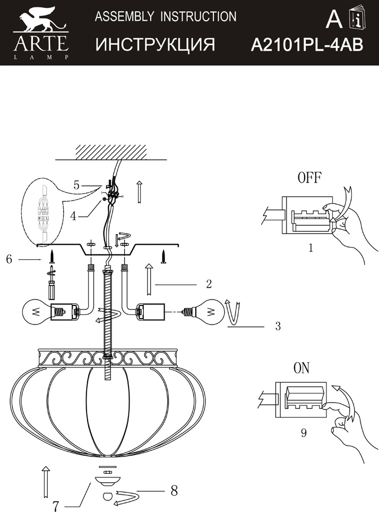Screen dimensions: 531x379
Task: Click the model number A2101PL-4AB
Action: (x=307, y=45)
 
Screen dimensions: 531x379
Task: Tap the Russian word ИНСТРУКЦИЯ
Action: (x=155, y=45)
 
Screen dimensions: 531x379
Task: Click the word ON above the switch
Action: (x=302, y=369)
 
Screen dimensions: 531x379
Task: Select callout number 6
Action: (x=9, y=259)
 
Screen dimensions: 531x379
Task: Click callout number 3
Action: (x=277, y=327)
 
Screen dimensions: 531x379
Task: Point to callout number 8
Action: (x=174, y=491)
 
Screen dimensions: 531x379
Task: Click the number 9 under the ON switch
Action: (x=303, y=433)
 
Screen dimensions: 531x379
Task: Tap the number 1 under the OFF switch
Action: (x=311, y=247)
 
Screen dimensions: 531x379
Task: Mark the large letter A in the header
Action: (x=334, y=19)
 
